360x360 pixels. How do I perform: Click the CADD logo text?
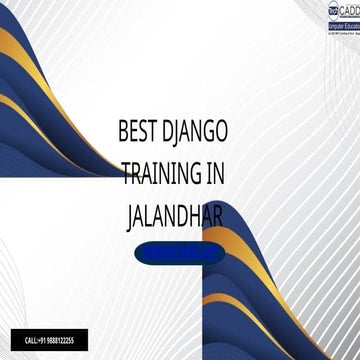(342, 7)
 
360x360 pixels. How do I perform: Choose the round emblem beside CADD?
(318, 7)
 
